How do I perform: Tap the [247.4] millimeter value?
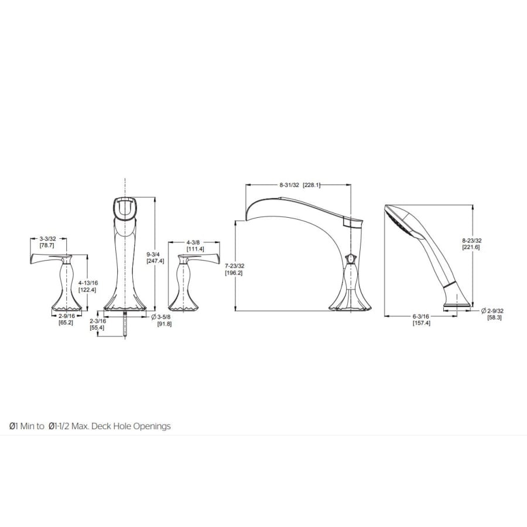coord(155,261)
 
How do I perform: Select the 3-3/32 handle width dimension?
coord(48,239)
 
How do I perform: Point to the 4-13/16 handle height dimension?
coord(88,283)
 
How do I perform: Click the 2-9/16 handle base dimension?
coord(67,316)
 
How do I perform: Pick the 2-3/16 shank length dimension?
coord(98,321)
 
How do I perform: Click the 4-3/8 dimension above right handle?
coord(195,242)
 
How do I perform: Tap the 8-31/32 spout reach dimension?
coord(289,185)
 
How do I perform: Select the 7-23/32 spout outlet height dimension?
coord(235,265)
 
